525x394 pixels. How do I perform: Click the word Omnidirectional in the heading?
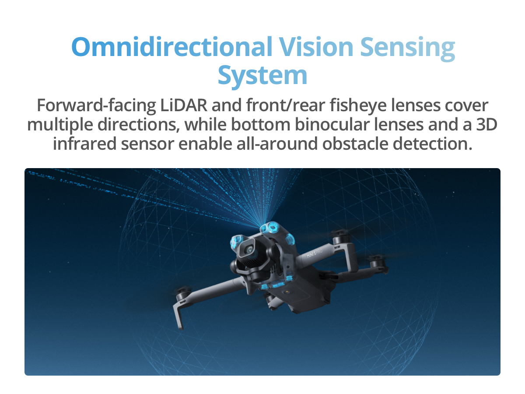(x=172, y=47)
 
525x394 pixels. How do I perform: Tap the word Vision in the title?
(x=316, y=47)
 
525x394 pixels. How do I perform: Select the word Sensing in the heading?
(x=407, y=49)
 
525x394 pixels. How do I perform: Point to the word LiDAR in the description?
(x=184, y=105)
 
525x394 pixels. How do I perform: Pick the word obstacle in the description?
(x=355, y=144)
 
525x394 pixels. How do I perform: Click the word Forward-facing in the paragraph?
(x=96, y=106)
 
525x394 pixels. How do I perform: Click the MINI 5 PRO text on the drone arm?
(x=315, y=253)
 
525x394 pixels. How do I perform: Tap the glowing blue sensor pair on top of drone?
(x=270, y=227)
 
